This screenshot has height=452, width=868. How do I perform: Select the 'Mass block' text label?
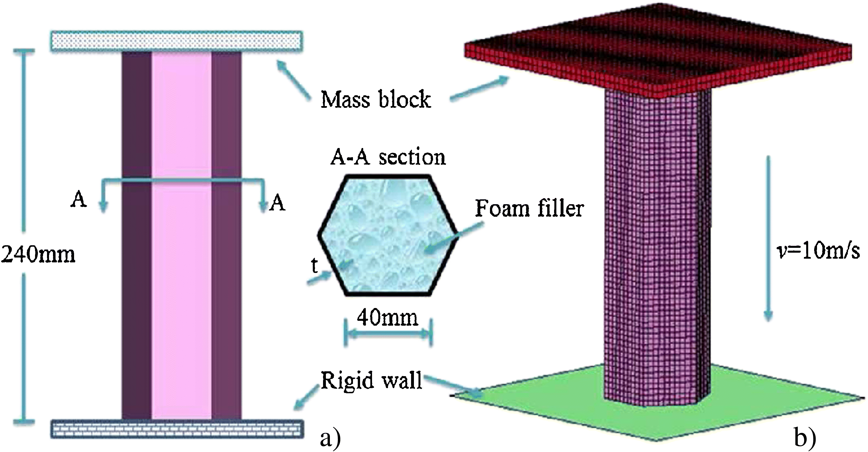(x=375, y=100)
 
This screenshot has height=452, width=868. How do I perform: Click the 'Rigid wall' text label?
(x=371, y=380)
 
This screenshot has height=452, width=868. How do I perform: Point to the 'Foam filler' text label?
(x=529, y=209)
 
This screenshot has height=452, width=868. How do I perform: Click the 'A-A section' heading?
(x=388, y=157)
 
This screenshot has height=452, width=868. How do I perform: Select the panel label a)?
(x=330, y=439)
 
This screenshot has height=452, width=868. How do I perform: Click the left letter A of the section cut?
(x=79, y=199)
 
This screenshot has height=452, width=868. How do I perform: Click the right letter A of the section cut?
(x=277, y=203)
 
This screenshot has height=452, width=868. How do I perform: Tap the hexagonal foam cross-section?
(x=387, y=236)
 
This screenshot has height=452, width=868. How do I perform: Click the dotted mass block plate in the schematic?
(x=177, y=41)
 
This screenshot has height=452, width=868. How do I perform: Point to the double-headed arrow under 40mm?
(x=388, y=334)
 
